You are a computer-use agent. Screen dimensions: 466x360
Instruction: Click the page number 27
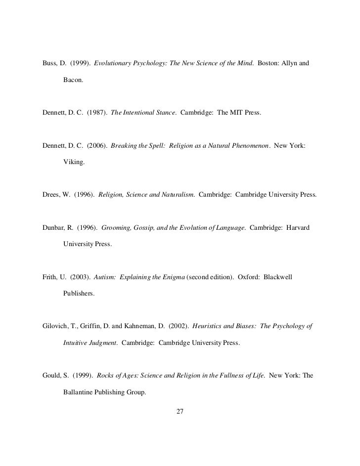[x=180, y=411]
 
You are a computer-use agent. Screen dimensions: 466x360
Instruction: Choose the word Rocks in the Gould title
[x=106, y=375]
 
